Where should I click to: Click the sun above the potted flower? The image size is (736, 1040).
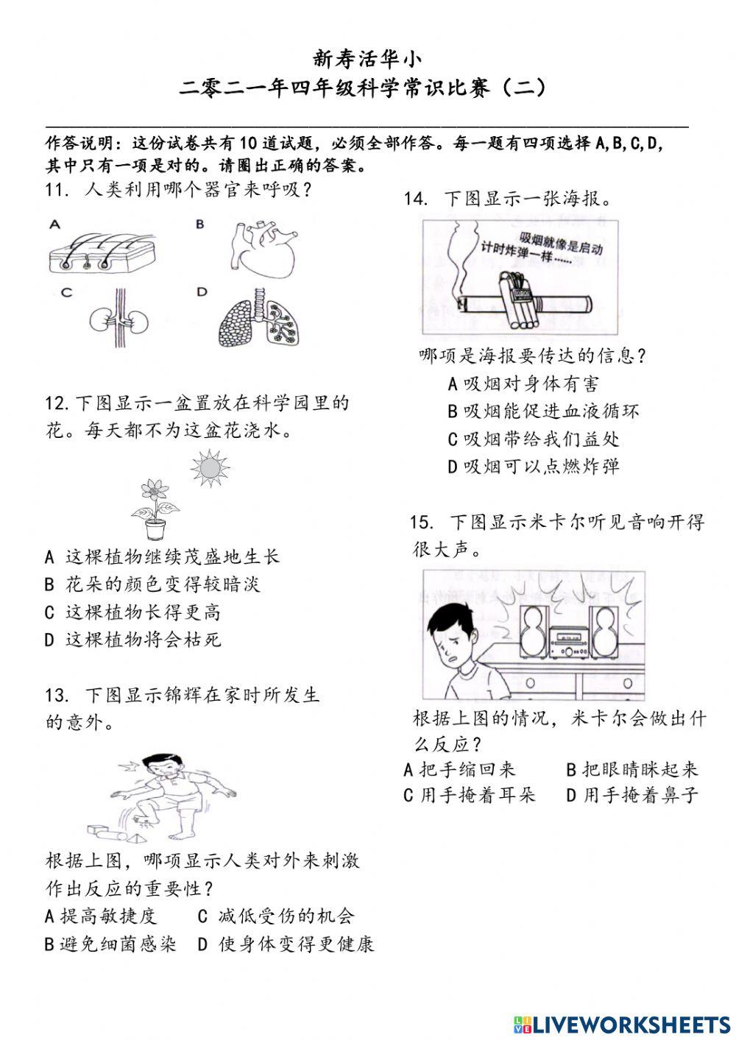pyautogui.click(x=210, y=467)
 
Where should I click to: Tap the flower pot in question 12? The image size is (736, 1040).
pyautogui.click(x=155, y=529)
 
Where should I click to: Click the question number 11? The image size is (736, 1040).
pyautogui.click(x=56, y=190)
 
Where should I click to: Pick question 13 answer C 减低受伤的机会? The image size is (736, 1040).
pyautogui.click(x=277, y=916)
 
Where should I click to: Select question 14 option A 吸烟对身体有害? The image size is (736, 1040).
pyautogui.click(x=523, y=383)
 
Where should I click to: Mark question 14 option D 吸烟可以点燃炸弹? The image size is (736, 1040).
pyautogui.click(x=534, y=466)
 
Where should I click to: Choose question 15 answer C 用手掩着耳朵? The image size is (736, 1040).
pyautogui.click(x=470, y=796)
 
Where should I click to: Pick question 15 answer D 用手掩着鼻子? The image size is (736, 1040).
pyautogui.click(x=632, y=796)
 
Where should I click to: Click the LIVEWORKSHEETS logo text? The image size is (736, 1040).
pyautogui.click(x=623, y=1024)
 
